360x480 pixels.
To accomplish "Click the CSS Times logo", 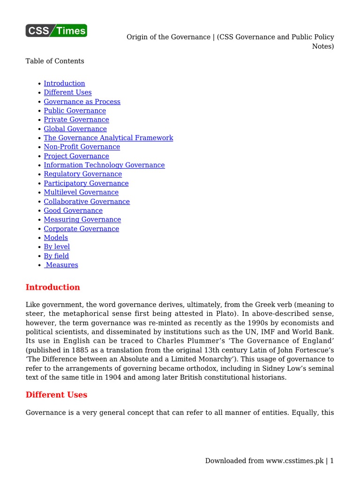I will [56, 30].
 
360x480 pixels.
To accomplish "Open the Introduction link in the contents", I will [64, 83].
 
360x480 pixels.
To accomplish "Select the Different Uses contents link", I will [67, 92].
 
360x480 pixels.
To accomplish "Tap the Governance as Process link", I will [82, 102].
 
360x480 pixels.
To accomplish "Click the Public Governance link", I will [75, 111].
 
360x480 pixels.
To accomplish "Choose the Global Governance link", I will [75, 129].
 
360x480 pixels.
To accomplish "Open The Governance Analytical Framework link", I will [108, 138].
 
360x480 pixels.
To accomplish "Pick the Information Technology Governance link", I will [104, 165].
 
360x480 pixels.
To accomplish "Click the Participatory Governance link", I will [86, 183].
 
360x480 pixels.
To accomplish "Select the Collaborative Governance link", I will [87, 202].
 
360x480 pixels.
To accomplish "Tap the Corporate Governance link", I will [81, 229].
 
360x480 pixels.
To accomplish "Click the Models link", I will [56, 238].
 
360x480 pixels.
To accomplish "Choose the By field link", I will [56, 256].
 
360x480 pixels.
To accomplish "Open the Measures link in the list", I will [62, 265].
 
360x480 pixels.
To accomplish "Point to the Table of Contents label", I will [55, 61].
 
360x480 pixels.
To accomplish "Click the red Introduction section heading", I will [52, 287].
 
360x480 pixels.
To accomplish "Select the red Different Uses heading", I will [56, 395].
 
